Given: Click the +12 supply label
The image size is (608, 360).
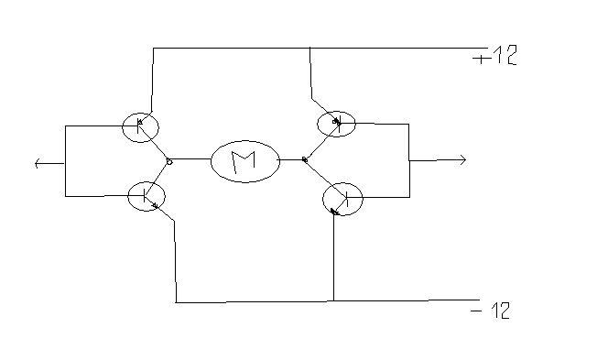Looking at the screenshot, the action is tap(495, 56).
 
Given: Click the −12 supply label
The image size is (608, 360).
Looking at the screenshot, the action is tap(491, 311).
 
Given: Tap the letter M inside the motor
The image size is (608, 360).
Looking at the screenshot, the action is tap(244, 161).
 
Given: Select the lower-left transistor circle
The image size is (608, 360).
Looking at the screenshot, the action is tap(128, 197).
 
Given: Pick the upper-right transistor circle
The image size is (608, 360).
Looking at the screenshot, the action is tap(318, 125).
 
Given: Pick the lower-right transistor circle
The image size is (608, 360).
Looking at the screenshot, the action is tap(323, 199).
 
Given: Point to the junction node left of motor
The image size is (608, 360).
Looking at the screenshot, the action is tap(169, 161).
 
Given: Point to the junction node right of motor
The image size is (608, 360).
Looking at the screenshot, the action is tap(305, 159).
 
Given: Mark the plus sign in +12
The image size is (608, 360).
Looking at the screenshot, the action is tap(481, 59).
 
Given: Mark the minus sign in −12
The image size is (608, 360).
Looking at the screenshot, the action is tap(476, 311).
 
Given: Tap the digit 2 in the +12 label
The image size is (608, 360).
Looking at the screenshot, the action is tap(510, 56).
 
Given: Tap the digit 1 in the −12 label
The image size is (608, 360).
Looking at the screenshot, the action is tap(495, 311).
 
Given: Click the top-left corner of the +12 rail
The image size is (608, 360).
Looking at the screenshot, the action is tap(153, 49).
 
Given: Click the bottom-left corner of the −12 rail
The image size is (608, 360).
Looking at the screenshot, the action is tap(176, 302).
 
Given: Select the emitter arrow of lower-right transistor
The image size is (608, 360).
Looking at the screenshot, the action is tap(334, 212).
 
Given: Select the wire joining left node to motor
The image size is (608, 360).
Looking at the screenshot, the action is tap(191, 159).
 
